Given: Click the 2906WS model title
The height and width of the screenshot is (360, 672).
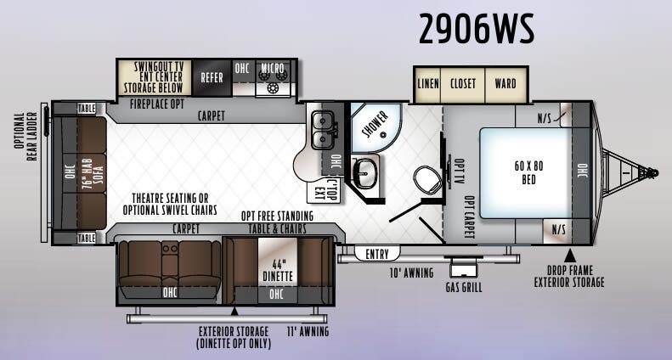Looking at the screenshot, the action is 477,29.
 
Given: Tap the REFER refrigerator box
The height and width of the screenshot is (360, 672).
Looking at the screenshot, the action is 212,77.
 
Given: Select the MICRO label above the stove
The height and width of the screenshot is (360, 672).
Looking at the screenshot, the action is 273,68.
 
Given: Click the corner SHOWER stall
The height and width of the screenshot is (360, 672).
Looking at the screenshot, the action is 376,127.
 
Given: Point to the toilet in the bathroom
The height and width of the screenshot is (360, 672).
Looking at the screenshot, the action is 427,179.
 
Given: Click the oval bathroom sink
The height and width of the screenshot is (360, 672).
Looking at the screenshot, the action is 364,173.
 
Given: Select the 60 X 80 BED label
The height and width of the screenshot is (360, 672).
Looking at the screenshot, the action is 528,172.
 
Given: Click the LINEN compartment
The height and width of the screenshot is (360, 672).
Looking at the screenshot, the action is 428,84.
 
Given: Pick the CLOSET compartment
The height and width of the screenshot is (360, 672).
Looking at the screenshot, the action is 463,84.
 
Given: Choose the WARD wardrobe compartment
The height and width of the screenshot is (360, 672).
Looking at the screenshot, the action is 505,84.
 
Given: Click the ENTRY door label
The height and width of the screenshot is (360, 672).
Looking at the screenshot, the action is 376,254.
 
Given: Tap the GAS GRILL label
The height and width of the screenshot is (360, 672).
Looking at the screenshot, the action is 464,287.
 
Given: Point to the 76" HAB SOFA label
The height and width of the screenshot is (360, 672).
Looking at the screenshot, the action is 93,173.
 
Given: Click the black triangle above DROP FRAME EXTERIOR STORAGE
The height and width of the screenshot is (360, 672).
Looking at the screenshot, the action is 569,256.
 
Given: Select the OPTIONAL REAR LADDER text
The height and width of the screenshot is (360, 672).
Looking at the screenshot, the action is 25,137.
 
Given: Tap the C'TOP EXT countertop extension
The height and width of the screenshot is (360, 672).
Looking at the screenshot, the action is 324,190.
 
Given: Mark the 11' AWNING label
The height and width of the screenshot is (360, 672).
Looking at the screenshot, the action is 308,331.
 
